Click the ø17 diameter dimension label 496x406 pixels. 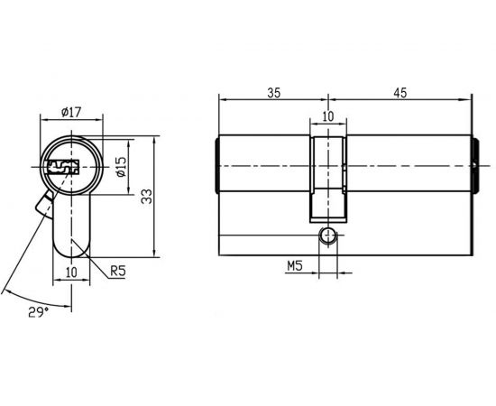coord(72,112)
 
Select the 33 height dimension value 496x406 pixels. coord(144,197)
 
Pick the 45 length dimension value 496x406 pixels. coord(400,92)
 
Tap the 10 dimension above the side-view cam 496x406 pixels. coord(327,116)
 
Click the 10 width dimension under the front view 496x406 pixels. coord(72,272)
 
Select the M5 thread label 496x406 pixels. coord(294,266)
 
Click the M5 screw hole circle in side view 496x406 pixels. coord(328,237)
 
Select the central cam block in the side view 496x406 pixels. coord(327,177)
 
